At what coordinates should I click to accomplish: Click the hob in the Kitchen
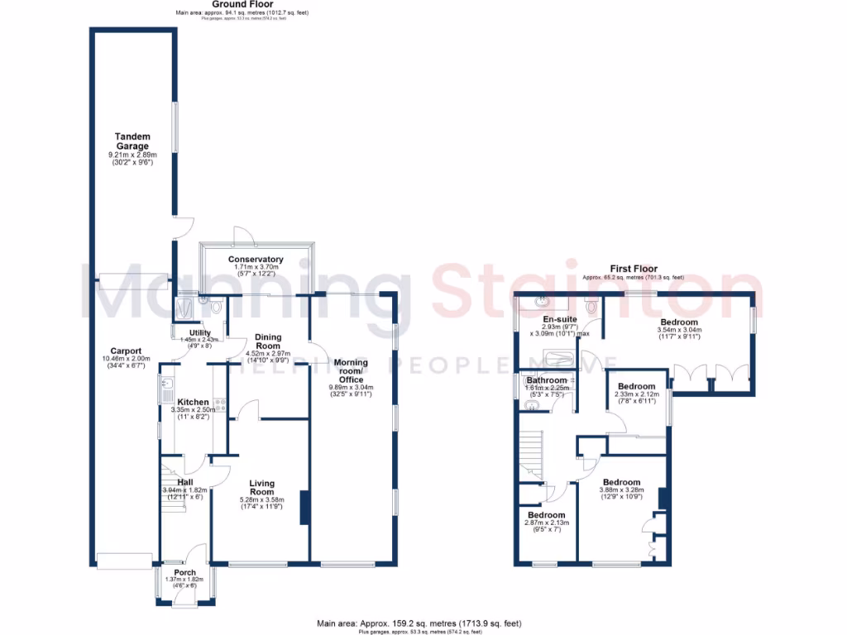pos(220,405)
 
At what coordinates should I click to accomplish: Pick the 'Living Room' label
pos(261,488)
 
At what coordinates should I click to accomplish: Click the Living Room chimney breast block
pos(304,507)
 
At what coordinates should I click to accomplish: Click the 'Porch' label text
pos(185,572)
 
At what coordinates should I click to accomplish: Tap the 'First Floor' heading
pos(634,269)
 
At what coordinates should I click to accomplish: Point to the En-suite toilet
pos(591,307)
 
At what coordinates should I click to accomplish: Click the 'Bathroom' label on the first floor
pos(547,380)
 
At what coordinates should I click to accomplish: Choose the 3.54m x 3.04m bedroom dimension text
pos(679,330)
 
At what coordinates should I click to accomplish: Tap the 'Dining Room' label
pos(268,341)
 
